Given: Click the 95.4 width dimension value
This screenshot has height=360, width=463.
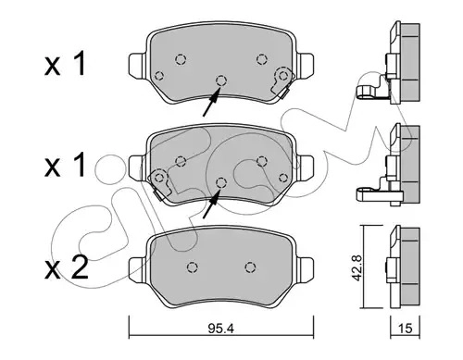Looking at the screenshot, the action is pos(221,329).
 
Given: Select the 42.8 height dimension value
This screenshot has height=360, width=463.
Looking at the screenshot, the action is pos(357,267).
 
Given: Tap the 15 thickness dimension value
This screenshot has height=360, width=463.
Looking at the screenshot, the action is pos(406,329).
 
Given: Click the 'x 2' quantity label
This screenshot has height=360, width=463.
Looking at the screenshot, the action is pos(66,268).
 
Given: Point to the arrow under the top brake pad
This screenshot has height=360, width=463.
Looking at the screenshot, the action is pos(211,102).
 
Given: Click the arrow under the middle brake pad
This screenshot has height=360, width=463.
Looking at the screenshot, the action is pos(211,205).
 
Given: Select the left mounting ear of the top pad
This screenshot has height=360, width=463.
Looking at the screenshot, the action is pos(138,66).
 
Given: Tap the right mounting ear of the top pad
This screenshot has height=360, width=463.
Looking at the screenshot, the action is pos(306,66).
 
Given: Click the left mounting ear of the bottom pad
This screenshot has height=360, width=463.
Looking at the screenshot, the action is pos(138,270).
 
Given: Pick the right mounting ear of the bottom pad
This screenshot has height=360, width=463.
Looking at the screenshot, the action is pos(306,270).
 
